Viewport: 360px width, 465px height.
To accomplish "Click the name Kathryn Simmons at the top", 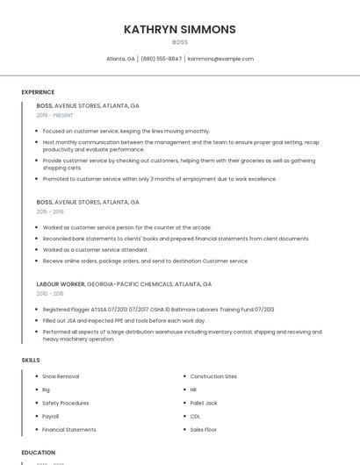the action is click(x=180, y=29).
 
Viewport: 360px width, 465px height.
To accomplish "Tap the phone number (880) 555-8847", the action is click(x=161, y=59).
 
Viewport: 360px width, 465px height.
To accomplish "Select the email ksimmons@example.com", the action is click(x=220, y=59).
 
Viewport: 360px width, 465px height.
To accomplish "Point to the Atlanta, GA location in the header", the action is click(x=120, y=59).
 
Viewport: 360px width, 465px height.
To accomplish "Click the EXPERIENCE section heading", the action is click(x=38, y=92).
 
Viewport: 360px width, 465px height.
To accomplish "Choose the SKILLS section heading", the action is click(x=31, y=360).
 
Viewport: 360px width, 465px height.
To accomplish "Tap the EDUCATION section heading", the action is click(x=39, y=453).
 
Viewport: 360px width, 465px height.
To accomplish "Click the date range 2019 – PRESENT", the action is click(x=55, y=115).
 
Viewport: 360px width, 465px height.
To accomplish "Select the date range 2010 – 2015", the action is click(x=50, y=293).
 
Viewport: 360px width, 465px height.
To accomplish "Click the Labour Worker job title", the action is click(x=60, y=284).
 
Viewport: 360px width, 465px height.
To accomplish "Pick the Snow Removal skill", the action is click(x=61, y=376).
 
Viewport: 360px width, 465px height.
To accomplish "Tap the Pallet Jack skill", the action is click(x=204, y=403).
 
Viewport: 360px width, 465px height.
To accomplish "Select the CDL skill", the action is click(x=195, y=416).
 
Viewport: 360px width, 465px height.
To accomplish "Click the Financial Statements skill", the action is click(x=69, y=430).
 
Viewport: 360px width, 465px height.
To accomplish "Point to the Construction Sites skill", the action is click(x=213, y=376).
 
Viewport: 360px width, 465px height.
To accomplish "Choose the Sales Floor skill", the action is click(x=204, y=430).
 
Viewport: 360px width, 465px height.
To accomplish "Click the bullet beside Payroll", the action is click(x=35, y=416).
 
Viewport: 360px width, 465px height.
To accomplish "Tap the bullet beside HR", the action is click(x=183, y=390).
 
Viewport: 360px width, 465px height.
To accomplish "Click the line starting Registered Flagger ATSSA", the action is click(x=158, y=310).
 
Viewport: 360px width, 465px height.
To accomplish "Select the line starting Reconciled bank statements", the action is click(x=176, y=239).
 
